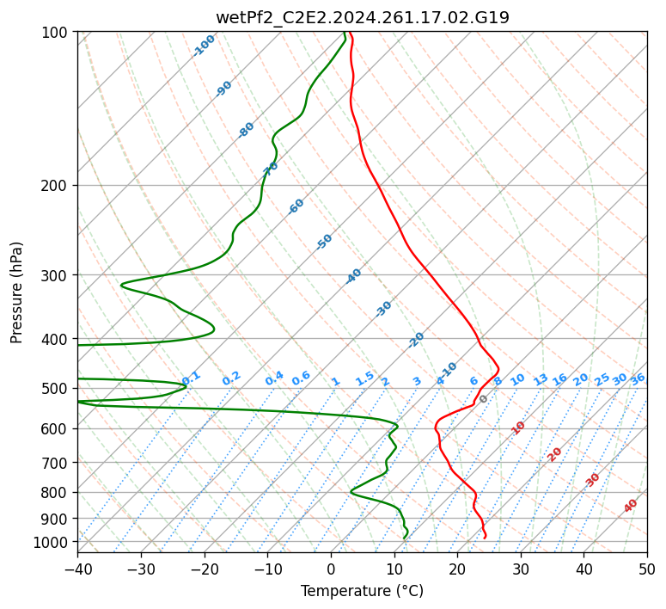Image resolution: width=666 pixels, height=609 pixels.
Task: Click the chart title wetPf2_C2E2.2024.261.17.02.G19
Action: coord(363,18)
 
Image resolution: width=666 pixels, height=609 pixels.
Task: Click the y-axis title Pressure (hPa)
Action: coord(16,292)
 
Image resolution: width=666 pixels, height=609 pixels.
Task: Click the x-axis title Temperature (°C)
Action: coord(363,591)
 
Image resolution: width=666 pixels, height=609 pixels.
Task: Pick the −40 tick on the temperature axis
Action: coord(77,569)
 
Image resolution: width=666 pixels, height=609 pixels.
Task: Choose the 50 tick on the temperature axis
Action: coord(647,569)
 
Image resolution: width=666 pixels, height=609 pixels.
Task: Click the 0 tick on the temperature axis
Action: coord(331,569)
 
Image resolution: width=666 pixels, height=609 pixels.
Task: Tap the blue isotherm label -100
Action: coord(204,46)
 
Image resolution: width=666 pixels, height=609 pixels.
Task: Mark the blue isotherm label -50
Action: coord(324,242)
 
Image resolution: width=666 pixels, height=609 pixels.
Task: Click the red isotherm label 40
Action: coord(630,506)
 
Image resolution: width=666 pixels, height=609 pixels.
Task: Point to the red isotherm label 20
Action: coord(554,455)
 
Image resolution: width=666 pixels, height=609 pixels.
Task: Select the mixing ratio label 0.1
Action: coord(191,378)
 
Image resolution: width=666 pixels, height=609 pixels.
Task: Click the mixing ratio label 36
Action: coord(638,379)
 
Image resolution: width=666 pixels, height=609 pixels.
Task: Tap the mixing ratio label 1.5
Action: coord(365,378)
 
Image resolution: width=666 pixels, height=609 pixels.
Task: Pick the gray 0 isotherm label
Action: coord(483,399)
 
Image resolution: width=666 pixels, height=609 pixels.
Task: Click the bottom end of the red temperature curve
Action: coord(485,538)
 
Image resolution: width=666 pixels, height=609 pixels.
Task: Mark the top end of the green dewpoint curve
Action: coord(344,32)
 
